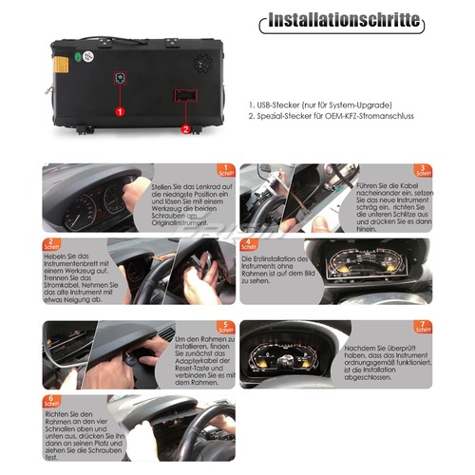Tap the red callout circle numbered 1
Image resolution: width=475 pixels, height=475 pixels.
tap(120, 111)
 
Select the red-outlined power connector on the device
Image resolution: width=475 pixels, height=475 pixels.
tap(184, 97)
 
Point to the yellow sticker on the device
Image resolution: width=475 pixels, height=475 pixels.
tap(59, 65)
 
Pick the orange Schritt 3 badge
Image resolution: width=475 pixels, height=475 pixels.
tap(424, 170)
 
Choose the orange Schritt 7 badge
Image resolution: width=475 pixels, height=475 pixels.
tap(424, 328)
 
